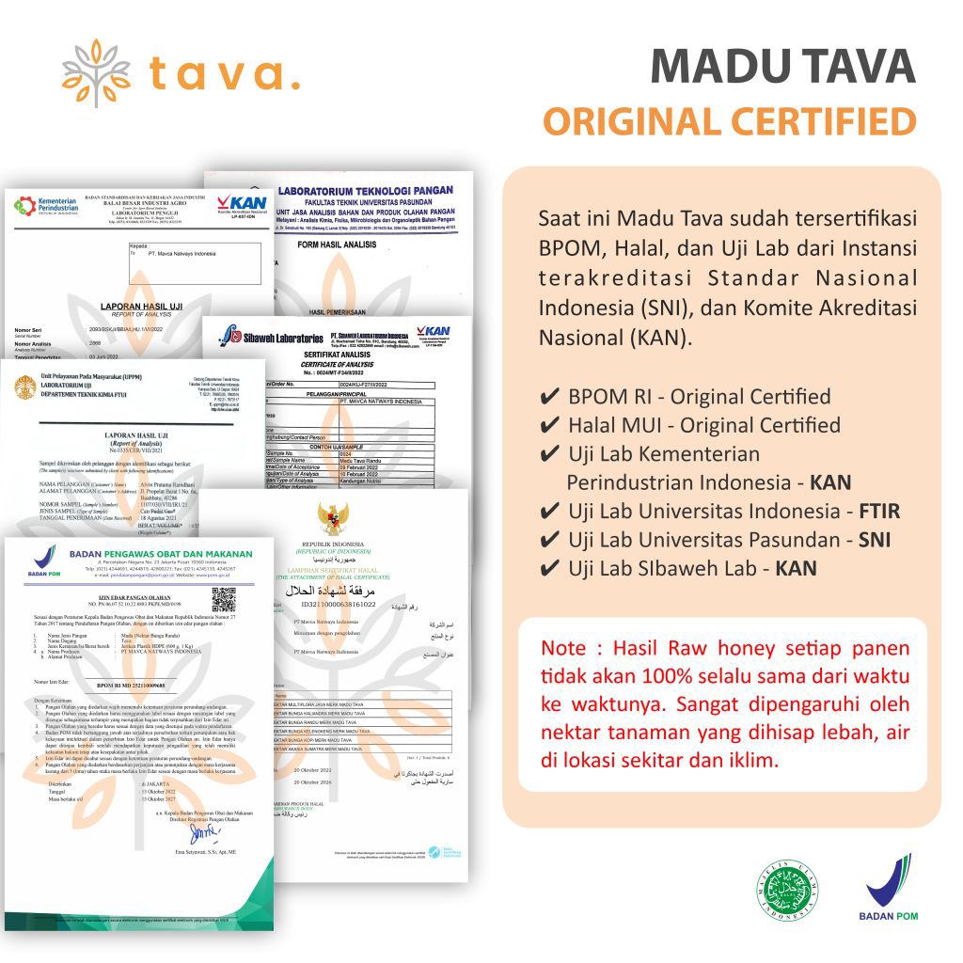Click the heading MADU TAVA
pyautogui.click(x=782, y=67)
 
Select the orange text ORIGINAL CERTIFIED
pyautogui.click(x=730, y=121)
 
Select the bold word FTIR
pyautogui.click(x=878, y=512)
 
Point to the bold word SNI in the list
pyautogui.click(x=874, y=541)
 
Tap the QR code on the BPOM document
pyautogui.click(x=224, y=598)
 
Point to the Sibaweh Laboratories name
pyautogui.click(x=273, y=335)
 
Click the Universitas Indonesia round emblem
pyautogui.click(x=26, y=386)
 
